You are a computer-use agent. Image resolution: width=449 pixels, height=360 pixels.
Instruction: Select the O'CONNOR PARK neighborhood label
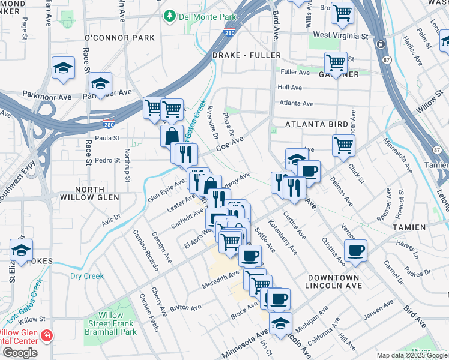pos(120,38)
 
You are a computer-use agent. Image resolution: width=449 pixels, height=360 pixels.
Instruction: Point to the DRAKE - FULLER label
pos(247,55)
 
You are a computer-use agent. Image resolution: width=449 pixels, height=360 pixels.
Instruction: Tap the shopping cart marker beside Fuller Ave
pos(336,62)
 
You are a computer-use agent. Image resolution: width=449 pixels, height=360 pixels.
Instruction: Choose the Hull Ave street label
pos(289,87)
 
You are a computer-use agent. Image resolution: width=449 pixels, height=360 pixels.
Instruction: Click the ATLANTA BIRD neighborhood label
pos(316,124)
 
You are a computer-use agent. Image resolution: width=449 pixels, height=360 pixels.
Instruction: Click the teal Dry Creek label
pos(87,277)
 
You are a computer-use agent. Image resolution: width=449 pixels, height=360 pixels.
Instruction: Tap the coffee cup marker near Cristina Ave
pos(355,250)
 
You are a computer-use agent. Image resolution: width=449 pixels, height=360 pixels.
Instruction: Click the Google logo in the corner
pos(19,353)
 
